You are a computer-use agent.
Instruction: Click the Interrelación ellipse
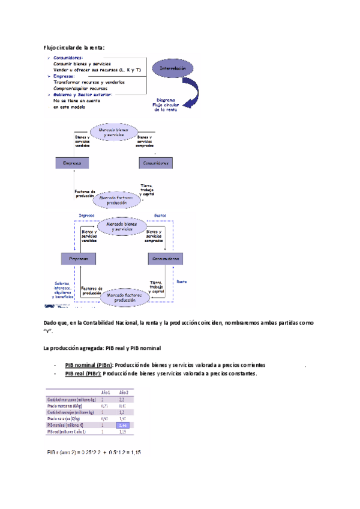[173, 69]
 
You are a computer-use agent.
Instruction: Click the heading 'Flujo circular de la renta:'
[74, 47]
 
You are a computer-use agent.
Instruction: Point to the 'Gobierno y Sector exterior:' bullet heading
[82, 94]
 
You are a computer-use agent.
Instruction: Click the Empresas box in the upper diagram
[73, 163]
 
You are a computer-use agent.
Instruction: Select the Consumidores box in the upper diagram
[154, 163]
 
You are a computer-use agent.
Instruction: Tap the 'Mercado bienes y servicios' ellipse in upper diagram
[114, 133]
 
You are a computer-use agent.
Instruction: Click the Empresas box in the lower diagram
[79, 258]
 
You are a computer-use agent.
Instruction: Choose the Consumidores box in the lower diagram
[166, 258]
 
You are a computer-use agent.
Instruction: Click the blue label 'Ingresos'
[79, 214]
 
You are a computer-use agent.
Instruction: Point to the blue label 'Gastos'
[160, 214]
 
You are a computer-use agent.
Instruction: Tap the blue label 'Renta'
[181, 280]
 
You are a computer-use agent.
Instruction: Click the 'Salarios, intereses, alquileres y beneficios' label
[62, 290]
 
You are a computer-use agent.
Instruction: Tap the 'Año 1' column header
[105, 391]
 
